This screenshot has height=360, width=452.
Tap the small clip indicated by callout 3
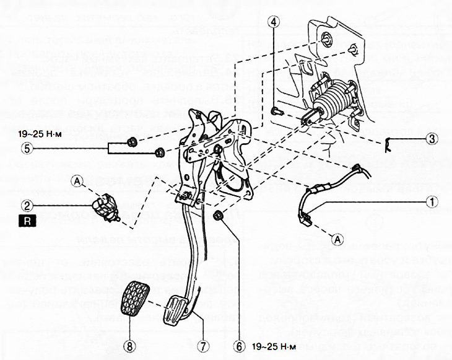click(388, 144)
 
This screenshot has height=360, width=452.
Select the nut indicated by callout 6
click(218, 216)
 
